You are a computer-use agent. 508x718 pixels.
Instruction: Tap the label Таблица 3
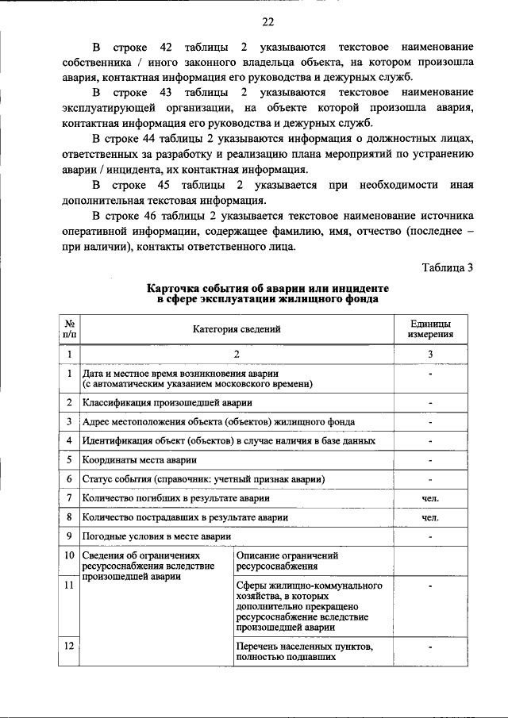(x=447, y=267)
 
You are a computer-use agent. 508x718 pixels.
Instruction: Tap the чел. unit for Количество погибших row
(x=430, y=498)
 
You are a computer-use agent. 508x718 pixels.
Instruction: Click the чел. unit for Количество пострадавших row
(x=430, y=517)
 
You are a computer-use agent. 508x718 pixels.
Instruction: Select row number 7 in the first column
(x=70, y=498)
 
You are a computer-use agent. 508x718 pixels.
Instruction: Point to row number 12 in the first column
(x=70, y=646)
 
